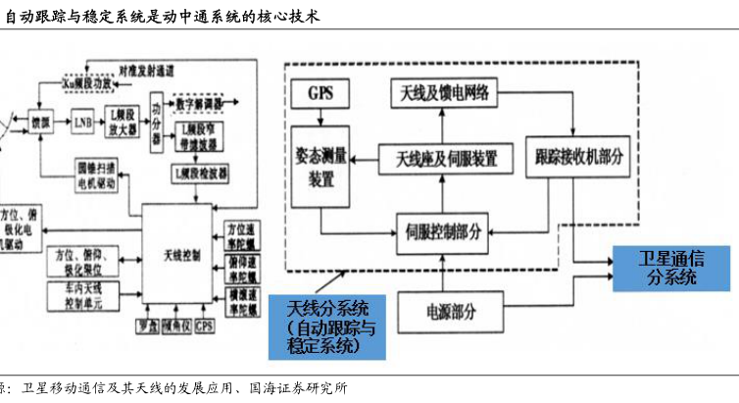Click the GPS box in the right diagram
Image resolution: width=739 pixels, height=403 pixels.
pyautogui.click(x=321, y=95)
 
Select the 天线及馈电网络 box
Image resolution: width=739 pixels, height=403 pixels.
pyautogui.click(x=445, y=93)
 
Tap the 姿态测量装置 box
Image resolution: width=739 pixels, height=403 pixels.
pyautogui.click(x=321, y=167)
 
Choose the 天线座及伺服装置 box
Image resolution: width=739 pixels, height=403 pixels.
pyautogui.click(x=445, y=157)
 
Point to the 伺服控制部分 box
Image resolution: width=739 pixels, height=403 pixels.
pyautogui.click(x=443, y=232)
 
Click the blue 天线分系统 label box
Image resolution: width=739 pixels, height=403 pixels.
pyautogui.click(x=328, y=325)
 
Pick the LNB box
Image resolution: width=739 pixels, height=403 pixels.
pyautogui.click(x=82, y=123)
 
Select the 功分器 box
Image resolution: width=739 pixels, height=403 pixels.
pyautogui.click(x=157, y=126)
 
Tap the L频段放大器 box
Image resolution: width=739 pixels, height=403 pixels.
pyautogui.click(x=122, y=123)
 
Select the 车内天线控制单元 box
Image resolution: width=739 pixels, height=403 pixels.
pyautogui.click(x=83, y=294)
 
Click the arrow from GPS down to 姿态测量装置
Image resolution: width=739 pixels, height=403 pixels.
pyautogui.click(x=321, y=118)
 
